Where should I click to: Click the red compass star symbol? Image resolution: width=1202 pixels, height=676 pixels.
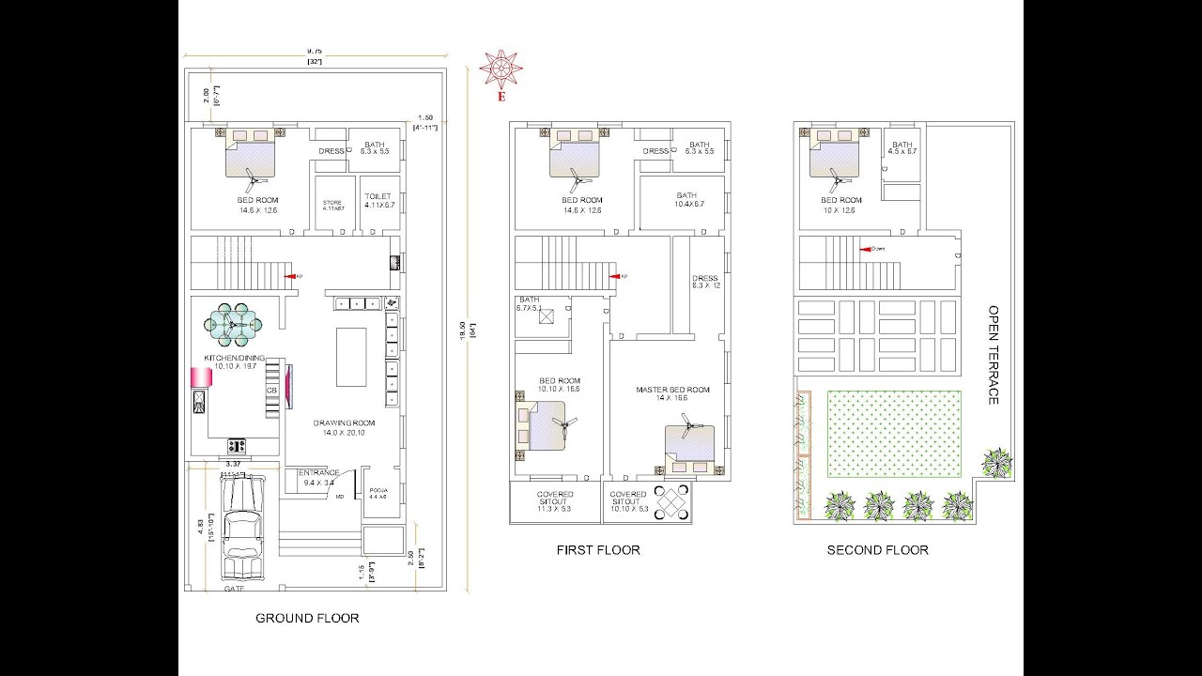pyautogui.click(x=501, y=70)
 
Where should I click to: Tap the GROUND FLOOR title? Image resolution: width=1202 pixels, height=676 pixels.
pyautogui.click(x=307, y=618)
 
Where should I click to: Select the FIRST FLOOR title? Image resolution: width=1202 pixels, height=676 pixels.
pyautogui.click(x=598, y=550)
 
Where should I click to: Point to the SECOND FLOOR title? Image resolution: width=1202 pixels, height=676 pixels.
pyautogui.click(x=877, y=550)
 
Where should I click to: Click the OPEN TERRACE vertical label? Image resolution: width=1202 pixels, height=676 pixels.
pyautogui.click(x=993, y=355)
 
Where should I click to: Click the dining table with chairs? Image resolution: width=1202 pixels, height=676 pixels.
pyautogui.click(x=234, y=325)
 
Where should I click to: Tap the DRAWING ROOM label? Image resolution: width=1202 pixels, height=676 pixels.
pyautogui.click(x=344, y=423)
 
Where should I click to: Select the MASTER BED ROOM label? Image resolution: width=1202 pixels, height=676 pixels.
pyautogui.click(x=672, y=390)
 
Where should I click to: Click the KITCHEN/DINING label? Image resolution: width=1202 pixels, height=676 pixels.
pyautogui.click(x=235, y=359)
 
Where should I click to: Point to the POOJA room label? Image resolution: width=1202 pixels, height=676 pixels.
pyautogui.click(x=378, y=490)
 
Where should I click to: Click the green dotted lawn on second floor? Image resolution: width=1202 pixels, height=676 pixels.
pyautogui.click(x=893, y=434)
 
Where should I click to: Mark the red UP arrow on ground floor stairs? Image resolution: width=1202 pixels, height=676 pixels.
pyautogui.click(x=293, y=276)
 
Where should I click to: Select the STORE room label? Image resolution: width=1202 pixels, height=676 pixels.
pyautogui.click(x=332, y=202)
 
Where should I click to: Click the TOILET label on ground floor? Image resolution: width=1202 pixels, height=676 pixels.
pyautogui.click(x=378, y=196)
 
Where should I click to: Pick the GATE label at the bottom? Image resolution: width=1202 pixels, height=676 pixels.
pyautogui.click(x=234, y=589)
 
